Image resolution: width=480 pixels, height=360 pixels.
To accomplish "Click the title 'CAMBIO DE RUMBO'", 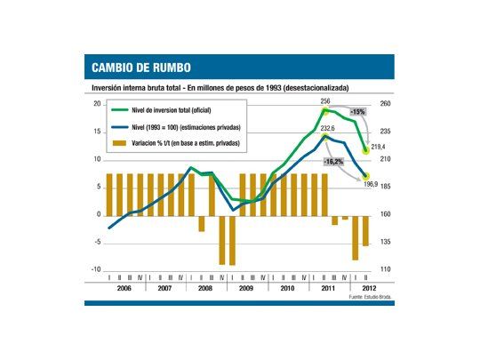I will point(140,68).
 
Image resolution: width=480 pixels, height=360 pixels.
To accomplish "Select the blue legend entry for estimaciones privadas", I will point(183,126).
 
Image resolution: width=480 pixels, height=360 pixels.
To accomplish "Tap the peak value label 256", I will point(325,102).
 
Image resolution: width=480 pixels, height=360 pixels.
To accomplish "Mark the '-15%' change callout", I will point(357,112).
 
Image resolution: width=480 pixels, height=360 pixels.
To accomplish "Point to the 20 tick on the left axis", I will point(97,105).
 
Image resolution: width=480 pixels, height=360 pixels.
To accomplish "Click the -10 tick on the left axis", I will point(96,269).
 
